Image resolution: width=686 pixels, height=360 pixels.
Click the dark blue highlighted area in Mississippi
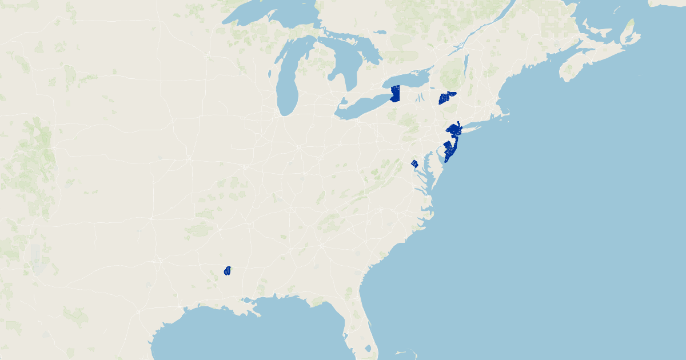[x=228, y=270]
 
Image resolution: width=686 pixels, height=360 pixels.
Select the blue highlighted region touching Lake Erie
[x=394, y=94]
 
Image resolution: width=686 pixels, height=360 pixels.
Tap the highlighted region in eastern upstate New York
[x=446, y=98]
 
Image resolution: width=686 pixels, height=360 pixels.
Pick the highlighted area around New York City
[x=454, y=129]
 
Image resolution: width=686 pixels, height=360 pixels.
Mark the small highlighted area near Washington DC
[x=414, y=164]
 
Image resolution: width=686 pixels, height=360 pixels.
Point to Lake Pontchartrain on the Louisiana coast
[x=248, y=301]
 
